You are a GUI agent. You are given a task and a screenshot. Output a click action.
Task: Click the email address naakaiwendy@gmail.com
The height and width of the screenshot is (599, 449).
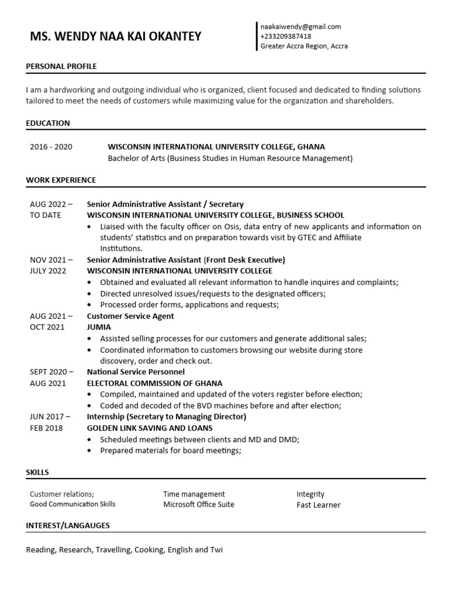click(301, 26)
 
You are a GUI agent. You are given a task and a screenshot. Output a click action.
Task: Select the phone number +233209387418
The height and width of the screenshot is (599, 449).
click(286, 36)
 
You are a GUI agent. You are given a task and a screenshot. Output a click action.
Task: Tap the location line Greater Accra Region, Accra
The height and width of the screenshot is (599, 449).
click(304, 46)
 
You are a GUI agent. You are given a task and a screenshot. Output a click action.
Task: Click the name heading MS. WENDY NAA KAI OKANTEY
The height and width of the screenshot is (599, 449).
click(115, 36)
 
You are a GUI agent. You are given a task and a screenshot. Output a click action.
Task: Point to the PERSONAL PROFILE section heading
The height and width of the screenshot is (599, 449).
click(61, 67)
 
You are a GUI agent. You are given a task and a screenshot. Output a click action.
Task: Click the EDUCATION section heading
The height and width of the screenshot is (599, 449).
click(48, 123)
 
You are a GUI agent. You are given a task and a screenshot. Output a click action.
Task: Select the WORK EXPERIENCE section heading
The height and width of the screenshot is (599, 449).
click(61, 180)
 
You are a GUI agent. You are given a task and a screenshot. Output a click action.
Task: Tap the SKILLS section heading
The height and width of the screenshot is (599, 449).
click(37, 472)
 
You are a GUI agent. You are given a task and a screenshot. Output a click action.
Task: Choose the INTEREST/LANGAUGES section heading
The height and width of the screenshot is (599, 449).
click(68, 525)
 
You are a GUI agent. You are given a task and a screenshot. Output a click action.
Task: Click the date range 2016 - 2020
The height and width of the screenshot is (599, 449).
click(51, 147)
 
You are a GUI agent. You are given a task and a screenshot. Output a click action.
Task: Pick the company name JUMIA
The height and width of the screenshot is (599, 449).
click(99, 327)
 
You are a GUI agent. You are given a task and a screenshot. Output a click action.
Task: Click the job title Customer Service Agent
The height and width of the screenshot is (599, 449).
click(130, 316)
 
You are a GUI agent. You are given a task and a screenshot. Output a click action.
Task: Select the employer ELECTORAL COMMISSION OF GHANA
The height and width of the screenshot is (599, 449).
click(154, 383)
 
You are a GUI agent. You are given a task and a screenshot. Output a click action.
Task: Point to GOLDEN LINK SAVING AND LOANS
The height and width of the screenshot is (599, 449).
click(150, 428)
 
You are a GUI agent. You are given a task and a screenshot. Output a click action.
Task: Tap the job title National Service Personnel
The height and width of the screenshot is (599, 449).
click(136, 372)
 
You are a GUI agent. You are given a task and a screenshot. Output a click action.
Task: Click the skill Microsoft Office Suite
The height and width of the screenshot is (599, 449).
click(198, 504)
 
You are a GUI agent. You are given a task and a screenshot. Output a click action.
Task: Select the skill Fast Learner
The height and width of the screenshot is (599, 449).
click(318, 505)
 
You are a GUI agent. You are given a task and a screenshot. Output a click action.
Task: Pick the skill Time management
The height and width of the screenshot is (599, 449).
click(194, 494)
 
